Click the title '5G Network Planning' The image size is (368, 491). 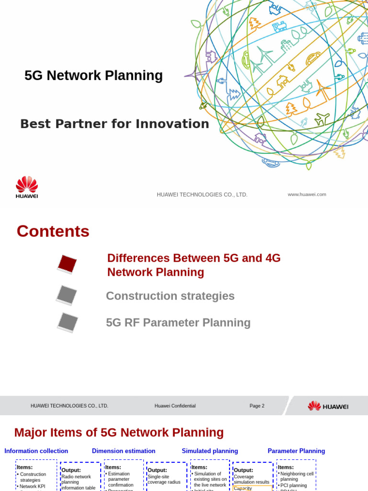[x=93, y=76]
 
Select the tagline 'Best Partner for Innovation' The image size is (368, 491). [x=115, y=124]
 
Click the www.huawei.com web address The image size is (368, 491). [x=307, y=194]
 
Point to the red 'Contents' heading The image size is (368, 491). [x=53, y=232]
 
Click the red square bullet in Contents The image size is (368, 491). [x=67, y=264]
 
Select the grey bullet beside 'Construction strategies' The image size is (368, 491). [x=67, y=295]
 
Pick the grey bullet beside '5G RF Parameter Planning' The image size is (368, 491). [x=68, y=322]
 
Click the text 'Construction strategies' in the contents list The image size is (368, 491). [x=170, y=296]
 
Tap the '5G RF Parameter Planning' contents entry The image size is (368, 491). [x=178, y=323]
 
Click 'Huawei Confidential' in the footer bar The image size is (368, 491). [x=175, y=406]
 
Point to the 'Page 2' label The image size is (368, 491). [x=257, y=406]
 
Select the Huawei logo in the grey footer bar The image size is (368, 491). [x=328, y=406]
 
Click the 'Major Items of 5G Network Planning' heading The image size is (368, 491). [x=119, y=433]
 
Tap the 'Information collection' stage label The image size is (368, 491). [x=36, y=451]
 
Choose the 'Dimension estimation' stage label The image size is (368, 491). [x=124, y=451]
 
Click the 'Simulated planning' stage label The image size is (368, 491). [x=210, y=451]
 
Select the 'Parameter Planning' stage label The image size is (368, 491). [x=296, y=451]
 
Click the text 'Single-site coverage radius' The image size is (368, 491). [x=164, y=479]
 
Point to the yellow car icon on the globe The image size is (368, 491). [x=313, y=58]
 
